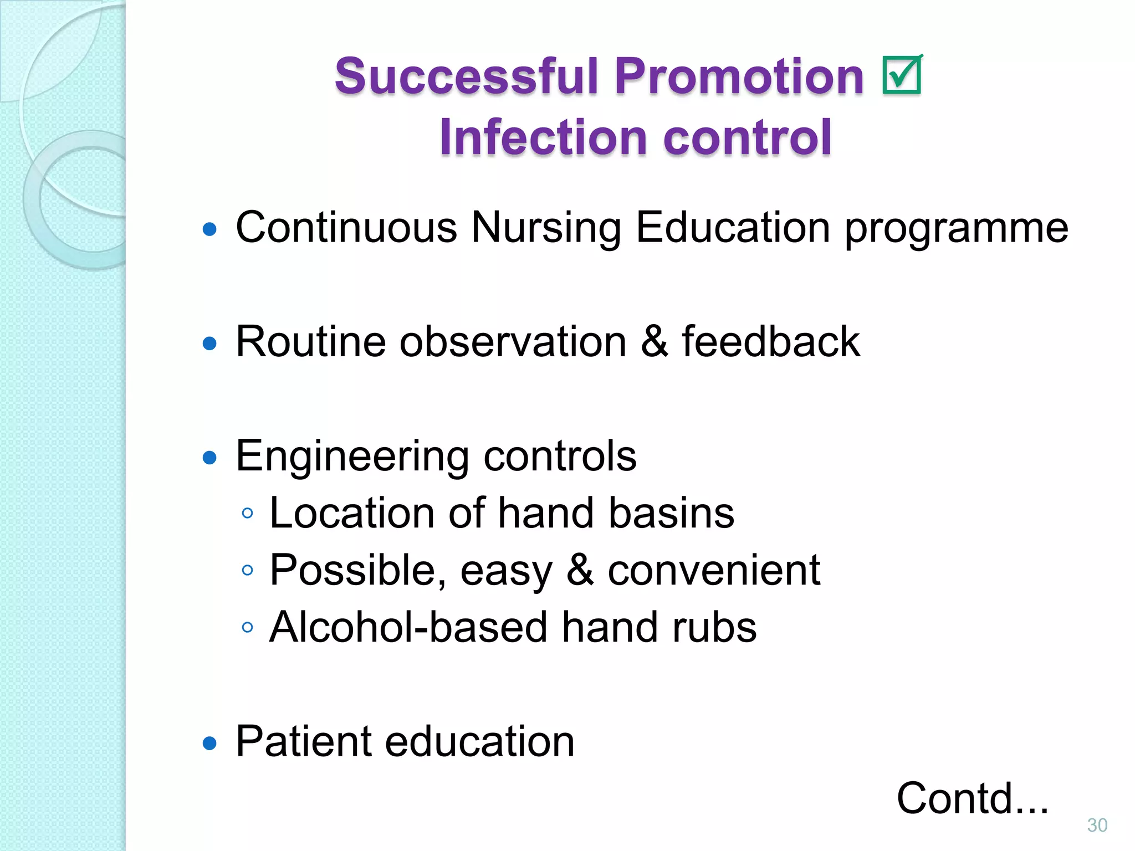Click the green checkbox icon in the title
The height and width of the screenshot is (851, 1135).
[902, 75]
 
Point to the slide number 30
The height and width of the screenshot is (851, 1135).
[1097, 825]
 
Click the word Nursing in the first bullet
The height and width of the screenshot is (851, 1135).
[546, 228]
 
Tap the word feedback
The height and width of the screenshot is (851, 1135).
[770, 341]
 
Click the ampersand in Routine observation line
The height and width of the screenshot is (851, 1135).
[654, 341]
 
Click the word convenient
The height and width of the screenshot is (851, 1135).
[713, 570]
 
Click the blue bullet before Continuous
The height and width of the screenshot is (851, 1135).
[209, 229]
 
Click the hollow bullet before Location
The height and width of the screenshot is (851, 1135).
[248, 513]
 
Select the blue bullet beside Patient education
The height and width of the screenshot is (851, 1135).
[209, 743]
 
